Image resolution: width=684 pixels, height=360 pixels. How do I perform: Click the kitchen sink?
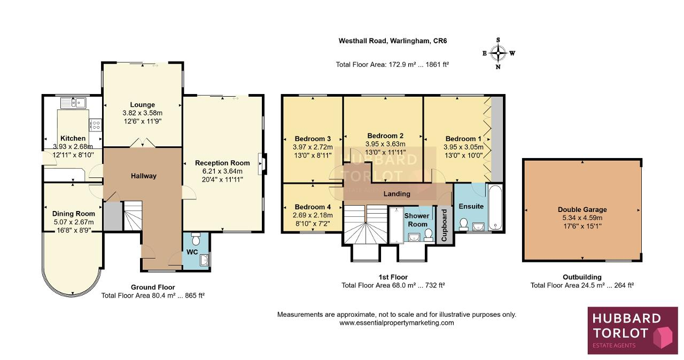coord(73,103)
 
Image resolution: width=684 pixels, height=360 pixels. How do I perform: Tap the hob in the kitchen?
coord(95,125)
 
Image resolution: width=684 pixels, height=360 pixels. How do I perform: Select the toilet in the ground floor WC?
coord(196,239)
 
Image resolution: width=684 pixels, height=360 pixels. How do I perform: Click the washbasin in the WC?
coord(204,260)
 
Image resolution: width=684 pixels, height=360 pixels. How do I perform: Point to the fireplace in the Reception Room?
coord(262,164)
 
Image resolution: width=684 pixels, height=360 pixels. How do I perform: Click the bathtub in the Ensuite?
coord(495,207)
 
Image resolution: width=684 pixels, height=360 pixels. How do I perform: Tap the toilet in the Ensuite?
coord(464,224)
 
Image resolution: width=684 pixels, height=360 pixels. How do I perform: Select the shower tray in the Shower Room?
coord(397,225)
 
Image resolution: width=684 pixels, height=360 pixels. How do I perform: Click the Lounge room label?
coord(143,105)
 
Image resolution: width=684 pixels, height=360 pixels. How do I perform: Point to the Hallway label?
coord(144,176)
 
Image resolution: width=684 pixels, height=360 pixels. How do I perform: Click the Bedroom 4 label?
coord(313,207)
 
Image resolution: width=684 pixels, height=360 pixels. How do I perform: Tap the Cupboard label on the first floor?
coord(444,225)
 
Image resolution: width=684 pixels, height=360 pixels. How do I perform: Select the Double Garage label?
coord(582,209)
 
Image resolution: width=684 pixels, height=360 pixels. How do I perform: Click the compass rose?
coord(498,53)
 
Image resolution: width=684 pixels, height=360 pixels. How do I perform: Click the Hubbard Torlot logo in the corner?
coord(633,331)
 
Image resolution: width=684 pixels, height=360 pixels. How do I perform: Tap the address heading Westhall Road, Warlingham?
coord(393,41)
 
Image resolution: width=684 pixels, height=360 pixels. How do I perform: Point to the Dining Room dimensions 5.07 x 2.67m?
coord(74,222)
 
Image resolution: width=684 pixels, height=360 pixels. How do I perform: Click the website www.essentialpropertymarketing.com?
coord(397,323)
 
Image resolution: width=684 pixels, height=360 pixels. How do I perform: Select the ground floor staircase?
coord(133,216)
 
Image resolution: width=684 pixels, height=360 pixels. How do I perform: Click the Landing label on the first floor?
coord(397,194)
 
